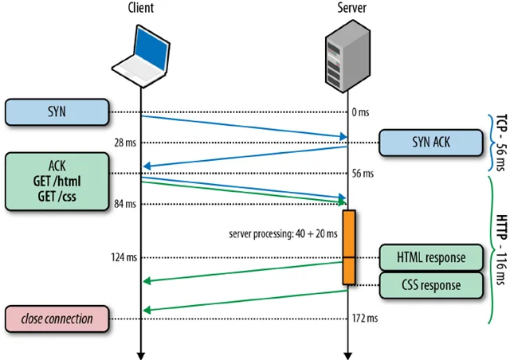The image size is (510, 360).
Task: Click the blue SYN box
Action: (57, 112)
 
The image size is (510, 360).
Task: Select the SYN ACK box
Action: (430, 143)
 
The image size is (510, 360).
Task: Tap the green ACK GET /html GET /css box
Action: (57, 182)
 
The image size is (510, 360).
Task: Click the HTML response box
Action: (431, 257)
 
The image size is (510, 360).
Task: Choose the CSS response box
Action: (431, 284)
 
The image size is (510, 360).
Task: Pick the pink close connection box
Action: (57, 319)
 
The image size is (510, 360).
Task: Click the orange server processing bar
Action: (348, 247)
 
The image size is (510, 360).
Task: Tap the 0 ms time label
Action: (361, 112)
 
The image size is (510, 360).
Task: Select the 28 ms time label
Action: (124, 143)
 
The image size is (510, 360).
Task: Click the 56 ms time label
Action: (363, 173)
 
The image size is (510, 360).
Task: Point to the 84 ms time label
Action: (124, 204)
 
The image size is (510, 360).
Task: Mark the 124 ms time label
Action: (123, 257)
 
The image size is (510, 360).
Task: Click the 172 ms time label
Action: (365, 319)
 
